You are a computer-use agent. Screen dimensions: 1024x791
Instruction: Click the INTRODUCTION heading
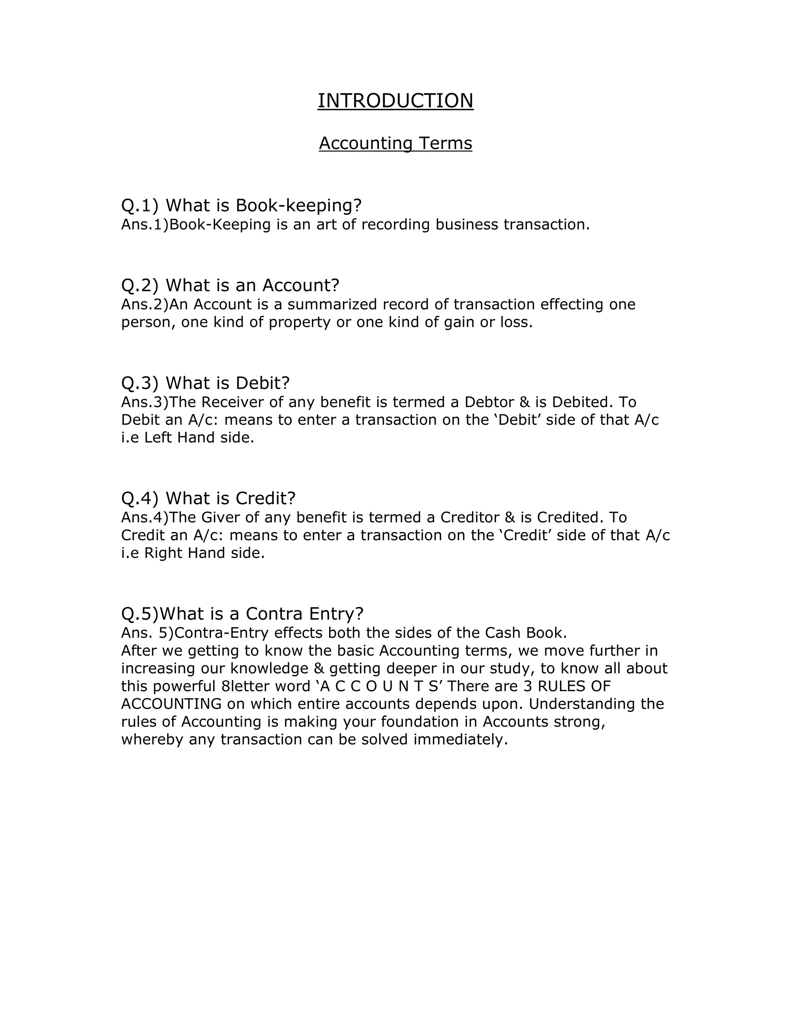(395, 101)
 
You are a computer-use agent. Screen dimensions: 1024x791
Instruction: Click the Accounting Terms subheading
(395, 143)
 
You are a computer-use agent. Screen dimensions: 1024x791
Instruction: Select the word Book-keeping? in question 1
(299, 205)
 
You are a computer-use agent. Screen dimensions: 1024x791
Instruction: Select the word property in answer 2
(300, 323)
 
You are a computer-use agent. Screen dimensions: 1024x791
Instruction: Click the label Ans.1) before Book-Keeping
(144, 225)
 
